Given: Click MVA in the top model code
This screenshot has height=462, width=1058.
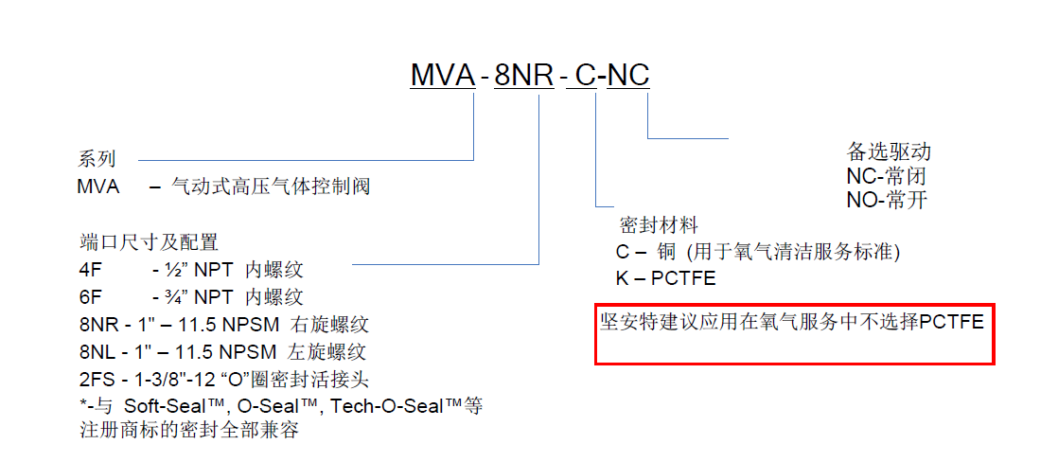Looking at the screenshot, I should click(442, 75).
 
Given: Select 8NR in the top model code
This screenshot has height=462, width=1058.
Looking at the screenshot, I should click(524, 75).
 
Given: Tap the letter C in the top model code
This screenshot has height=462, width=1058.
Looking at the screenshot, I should click(586, 75).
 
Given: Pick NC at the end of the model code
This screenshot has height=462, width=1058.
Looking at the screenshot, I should click(628, 75).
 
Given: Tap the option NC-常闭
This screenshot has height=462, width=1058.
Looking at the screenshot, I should click(887, 176).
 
